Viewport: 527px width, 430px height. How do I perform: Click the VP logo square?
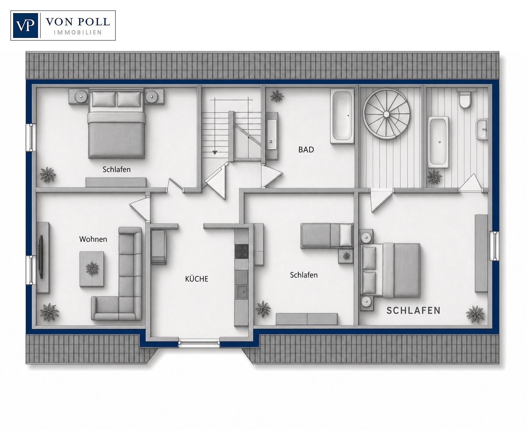26,26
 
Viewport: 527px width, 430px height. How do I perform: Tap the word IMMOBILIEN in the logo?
78,33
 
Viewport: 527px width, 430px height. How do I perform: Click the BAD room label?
306,150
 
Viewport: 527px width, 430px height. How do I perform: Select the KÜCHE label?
197,279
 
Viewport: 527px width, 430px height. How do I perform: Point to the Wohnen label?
93,239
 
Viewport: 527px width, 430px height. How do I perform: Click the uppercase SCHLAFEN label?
413,311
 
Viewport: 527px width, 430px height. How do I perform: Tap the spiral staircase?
386,114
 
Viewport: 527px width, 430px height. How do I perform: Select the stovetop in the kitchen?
242,251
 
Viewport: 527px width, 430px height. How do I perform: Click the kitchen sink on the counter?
242,291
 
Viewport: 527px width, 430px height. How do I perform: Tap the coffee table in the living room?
92,269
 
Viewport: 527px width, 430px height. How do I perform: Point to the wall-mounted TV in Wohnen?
41,257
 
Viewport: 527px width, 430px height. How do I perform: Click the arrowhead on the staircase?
215,152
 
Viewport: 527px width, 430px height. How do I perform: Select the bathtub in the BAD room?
342,116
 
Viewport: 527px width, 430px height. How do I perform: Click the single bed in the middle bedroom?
327,236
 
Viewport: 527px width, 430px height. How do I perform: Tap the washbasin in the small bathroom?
482,129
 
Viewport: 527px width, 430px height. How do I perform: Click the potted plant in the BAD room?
277,96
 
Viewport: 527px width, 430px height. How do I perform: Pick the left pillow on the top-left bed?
104,99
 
